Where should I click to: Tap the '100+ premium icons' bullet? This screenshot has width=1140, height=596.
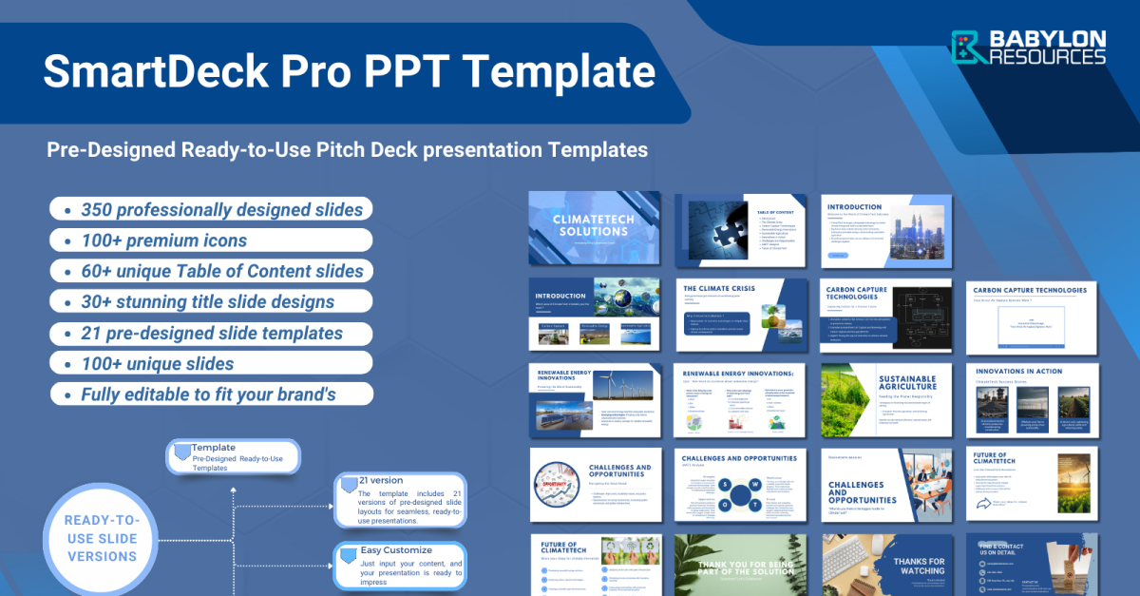point(163,240)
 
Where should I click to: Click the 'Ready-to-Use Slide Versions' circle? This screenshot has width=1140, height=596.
point(101,538)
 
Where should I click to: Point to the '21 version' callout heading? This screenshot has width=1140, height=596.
point(380,480)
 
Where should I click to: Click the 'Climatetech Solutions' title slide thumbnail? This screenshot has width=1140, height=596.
point(594,227)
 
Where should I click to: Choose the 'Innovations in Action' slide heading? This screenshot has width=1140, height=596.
point(1016,372)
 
